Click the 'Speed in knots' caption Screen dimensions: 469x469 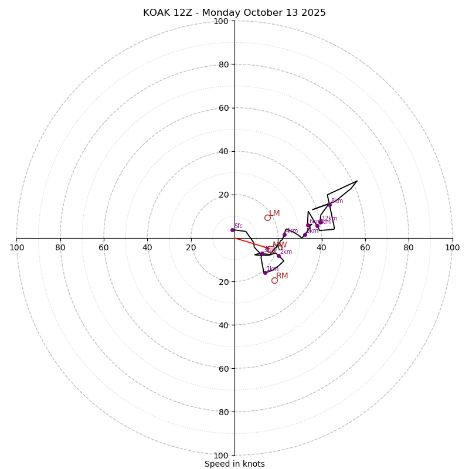pos(235,464)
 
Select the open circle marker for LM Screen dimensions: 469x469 pos(267,217)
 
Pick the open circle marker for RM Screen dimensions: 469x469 pos(274,280)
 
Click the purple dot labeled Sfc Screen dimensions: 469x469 pos(232,230)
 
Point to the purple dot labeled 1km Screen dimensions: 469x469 pos(265,273)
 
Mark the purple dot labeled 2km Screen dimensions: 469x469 pos(278,256)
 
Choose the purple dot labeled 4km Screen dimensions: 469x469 pos(284,235)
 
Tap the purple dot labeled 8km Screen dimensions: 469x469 pos(329,205)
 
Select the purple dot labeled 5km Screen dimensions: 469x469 pos(305,235)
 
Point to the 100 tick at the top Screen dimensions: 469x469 pos(221,21)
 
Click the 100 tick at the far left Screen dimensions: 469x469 pos(17,247)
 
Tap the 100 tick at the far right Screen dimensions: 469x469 pos(452,247)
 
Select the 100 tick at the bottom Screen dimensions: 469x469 pos(221,456)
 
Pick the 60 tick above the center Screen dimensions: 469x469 pos(223,108)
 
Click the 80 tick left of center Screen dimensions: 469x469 pos(60,247)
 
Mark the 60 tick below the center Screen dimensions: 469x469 pos(223,368)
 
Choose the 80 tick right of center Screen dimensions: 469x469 pos(409,247)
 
